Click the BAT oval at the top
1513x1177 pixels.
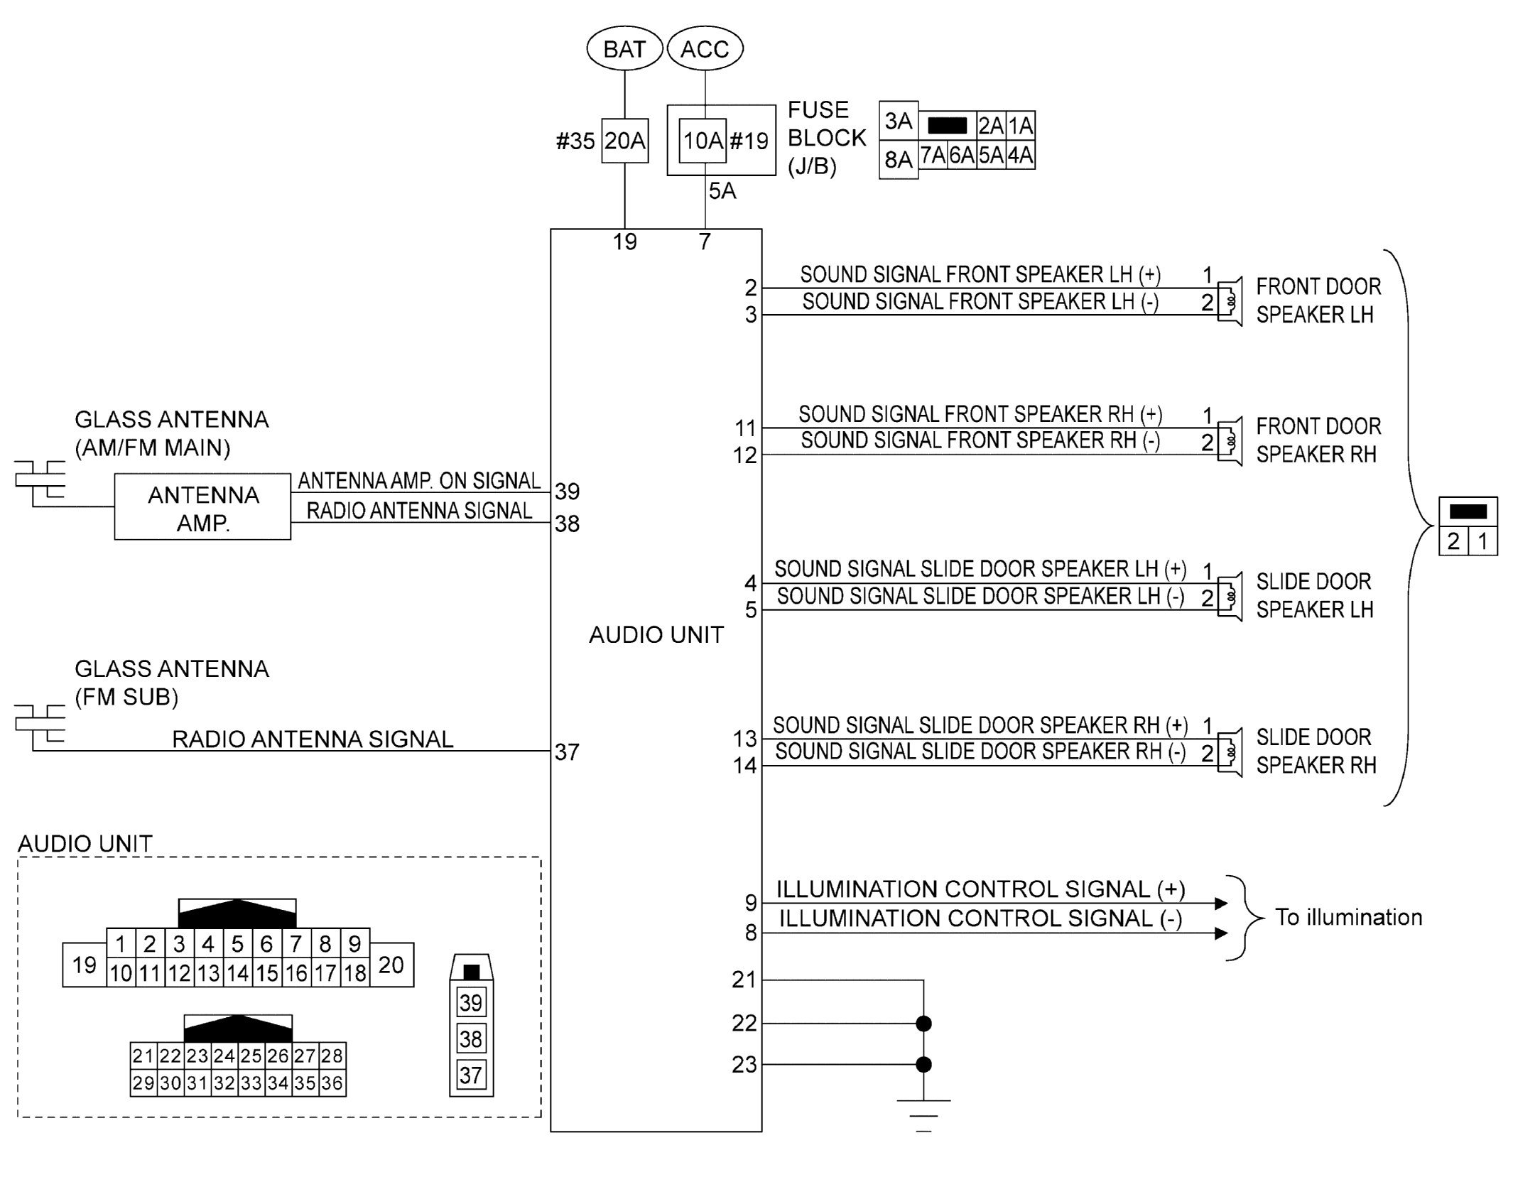coord(624,49)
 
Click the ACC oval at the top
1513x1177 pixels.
coord(705,49)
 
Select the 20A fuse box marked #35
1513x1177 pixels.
coord(624,141)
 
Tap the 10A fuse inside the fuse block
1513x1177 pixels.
coord(703,141)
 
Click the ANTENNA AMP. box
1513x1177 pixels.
coord(202,507)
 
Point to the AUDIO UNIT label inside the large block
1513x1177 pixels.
coord(656,634)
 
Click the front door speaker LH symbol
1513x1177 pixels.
coord(1230,301)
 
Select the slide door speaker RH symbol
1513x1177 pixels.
coord(1230,752)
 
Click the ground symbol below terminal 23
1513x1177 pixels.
coord(923,1114)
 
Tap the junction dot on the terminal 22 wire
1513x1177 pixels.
coord(923,1024)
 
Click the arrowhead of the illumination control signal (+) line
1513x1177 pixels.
coord(1221,904)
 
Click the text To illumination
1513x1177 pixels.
coord(1348,917)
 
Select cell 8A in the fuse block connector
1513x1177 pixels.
coord(898,160)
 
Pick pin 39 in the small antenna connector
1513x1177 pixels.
coord(471,1003)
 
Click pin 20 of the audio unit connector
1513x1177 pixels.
coord(391,965)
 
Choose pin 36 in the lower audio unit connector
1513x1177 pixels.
coord(332,1083)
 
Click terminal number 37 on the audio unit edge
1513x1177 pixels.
coord(567,752)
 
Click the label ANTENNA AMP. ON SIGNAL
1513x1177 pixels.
coord(419,481)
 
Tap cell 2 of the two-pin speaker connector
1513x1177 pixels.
coord(1453,541)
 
